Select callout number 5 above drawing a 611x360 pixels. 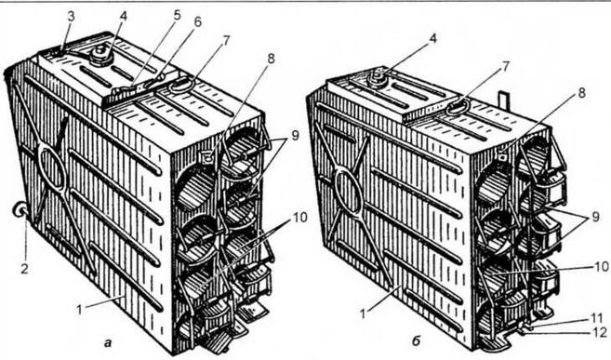pos(178,16)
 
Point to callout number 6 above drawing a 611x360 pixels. pos(197,22)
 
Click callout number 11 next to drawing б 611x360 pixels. pos(596,319)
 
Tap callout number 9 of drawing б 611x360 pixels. pos(595,216)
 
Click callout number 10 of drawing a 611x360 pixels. pos(300,218)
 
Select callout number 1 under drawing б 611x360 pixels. pos(364,313)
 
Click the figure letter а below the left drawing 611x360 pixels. pos(108,343)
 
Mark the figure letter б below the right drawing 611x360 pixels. pos(416,342)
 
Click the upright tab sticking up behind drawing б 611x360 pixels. pos(503,99)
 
